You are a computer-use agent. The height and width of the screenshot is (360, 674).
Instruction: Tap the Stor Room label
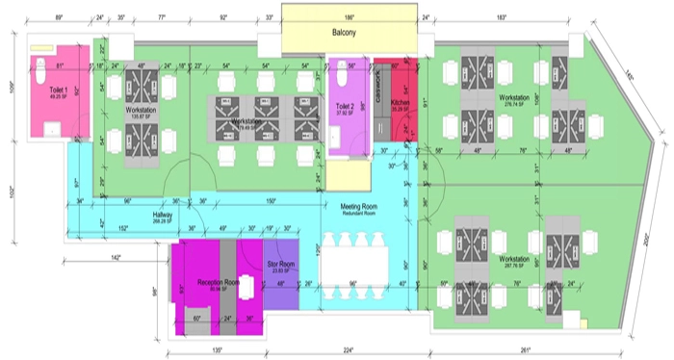(280, 267)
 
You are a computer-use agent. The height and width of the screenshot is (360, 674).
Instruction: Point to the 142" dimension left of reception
(116, 258)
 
